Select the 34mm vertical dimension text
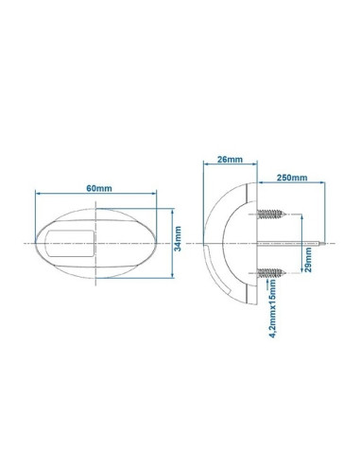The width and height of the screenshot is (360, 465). [x=180, y=246]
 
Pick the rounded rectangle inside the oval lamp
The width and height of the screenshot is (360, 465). [x=72, y=242]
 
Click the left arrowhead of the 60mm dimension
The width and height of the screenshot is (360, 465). [x=38, y=197]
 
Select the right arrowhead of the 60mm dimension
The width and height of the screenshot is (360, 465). [x=148, y=197]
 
